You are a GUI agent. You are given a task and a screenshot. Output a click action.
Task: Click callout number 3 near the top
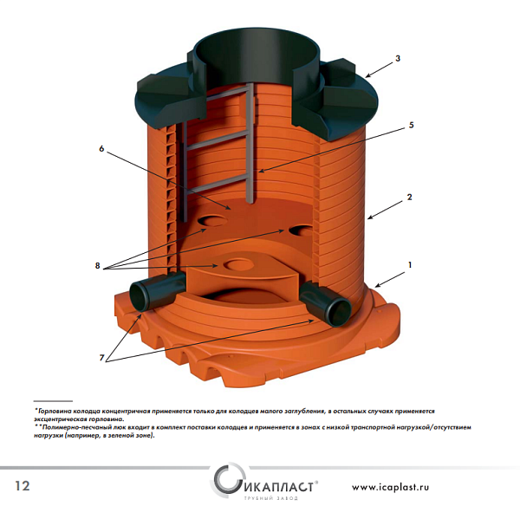coord(398,58)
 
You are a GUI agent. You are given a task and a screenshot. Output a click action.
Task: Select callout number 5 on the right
coord(411,125)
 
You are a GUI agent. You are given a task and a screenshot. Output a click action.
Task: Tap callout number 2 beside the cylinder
coord(410,197)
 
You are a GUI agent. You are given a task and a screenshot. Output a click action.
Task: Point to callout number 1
coord(410,265)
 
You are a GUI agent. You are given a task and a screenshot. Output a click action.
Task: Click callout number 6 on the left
coord(101,148)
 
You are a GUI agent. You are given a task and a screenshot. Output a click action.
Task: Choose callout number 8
coord(97,266)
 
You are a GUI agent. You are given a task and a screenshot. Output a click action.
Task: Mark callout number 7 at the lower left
coord(101,358)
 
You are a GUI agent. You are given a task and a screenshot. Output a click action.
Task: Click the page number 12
coord(23,486)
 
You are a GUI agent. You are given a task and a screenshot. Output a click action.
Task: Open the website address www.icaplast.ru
coord(390,487)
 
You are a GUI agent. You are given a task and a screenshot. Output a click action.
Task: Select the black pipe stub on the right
coord(326,301)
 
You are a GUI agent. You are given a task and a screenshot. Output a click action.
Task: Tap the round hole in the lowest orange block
coord(238,264)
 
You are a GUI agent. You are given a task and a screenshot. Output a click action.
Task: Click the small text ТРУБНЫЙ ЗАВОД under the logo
coord(271,498)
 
